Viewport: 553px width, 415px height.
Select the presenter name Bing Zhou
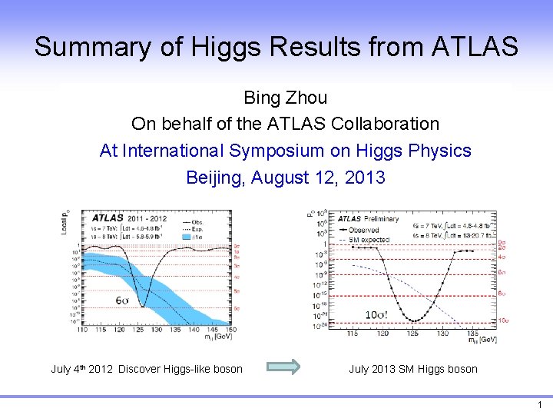[x=285, y=98]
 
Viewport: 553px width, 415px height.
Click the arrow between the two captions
[x=287, y=368]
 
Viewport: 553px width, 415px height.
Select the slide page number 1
[x=540, y=405]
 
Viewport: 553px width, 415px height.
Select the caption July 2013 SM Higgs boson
[x=412, y=369]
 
